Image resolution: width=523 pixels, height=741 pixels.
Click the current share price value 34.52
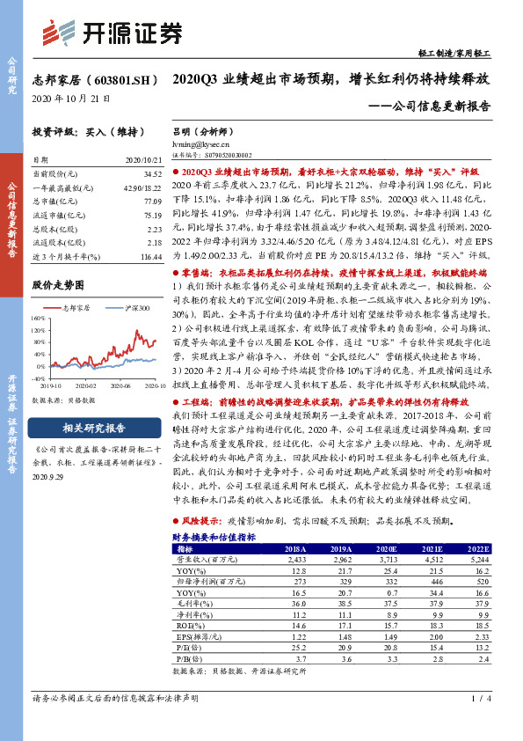click(155, 176)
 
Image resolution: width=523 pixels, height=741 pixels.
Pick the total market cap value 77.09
click(155, 202)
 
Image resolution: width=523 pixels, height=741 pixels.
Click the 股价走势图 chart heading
click(59, 285)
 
